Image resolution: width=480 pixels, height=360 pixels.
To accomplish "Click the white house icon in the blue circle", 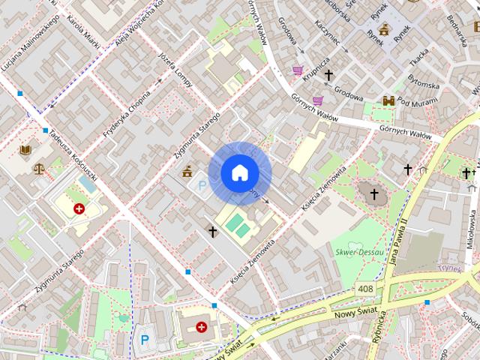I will click(x=239, y=173).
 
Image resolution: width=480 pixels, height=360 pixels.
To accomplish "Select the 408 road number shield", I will click(x=365, y=289).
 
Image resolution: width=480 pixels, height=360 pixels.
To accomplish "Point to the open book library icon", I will click(x=25, y=150).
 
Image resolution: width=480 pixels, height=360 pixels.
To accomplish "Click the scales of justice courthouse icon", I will click(x=39, y=167).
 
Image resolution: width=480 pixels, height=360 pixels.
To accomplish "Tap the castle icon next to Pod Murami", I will click(x=388, y=100).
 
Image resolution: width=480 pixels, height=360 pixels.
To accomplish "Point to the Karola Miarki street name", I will click(x=83, y=34).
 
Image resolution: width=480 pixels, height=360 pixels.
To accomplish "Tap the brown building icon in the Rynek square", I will click(x=385, y=30).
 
